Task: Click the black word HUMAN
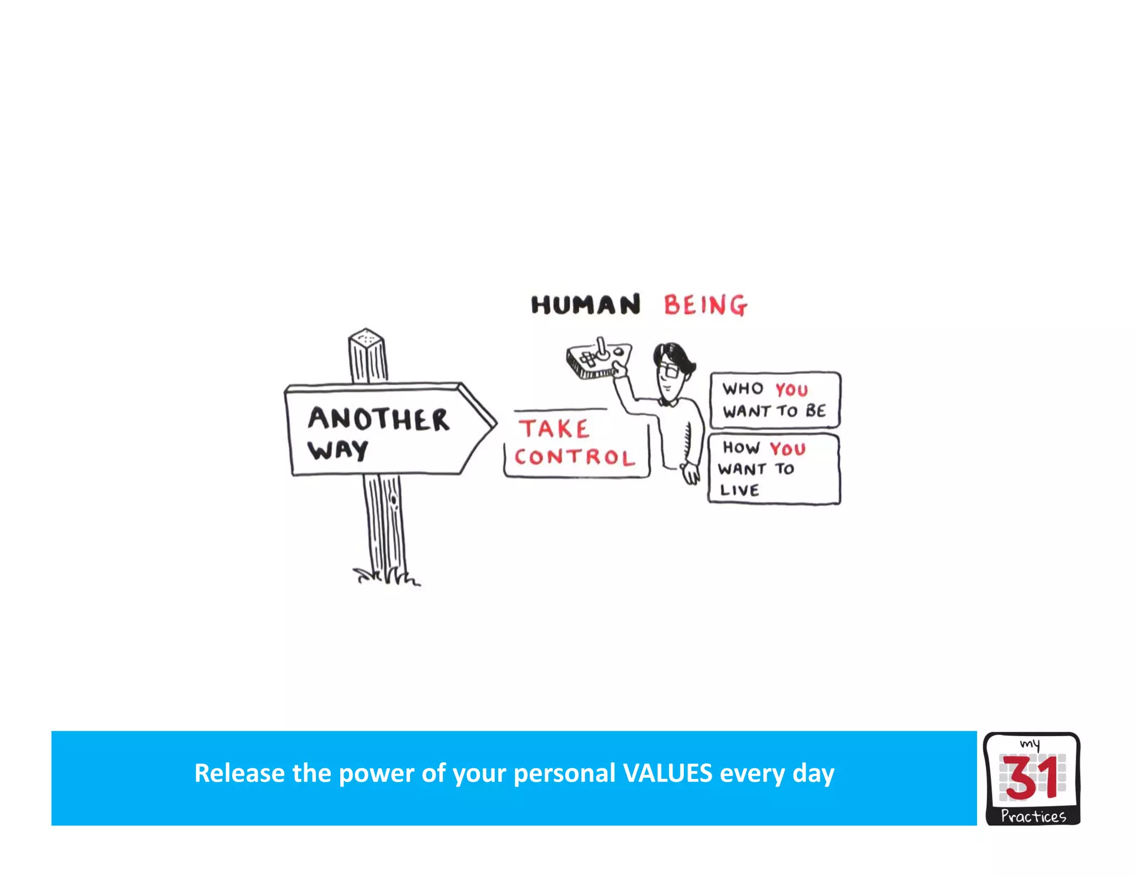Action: click(x=585, y=305)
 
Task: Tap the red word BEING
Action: click(x=705, y=305)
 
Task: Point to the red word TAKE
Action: click(x=554, y=429)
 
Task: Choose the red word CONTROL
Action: click(x=575, y=457)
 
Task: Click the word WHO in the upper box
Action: click(x=743, y=389)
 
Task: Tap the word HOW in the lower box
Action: click(x=740, y=447)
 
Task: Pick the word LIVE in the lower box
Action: click(x=739, y=490)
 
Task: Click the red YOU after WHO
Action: click(x=791, y=390)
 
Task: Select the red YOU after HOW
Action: click(x=788, y=448)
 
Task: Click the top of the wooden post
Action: click(x=366, y=337)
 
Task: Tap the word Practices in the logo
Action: click(x=1033, y=816)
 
